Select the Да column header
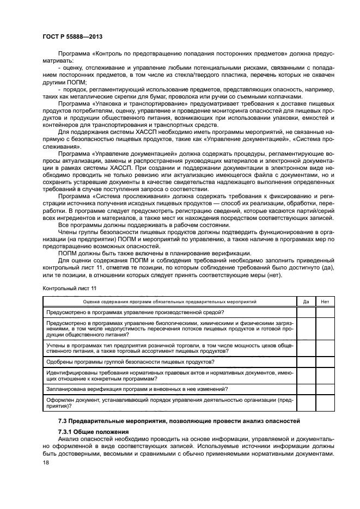click(306, 301)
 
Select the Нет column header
click(325, 301)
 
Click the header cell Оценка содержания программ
click(169, 301)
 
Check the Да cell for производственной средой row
click(306, 312)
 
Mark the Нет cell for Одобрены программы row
click(325, 362)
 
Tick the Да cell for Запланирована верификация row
click(306, 389)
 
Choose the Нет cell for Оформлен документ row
click(325, 403)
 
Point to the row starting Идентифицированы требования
click(169, 375)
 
